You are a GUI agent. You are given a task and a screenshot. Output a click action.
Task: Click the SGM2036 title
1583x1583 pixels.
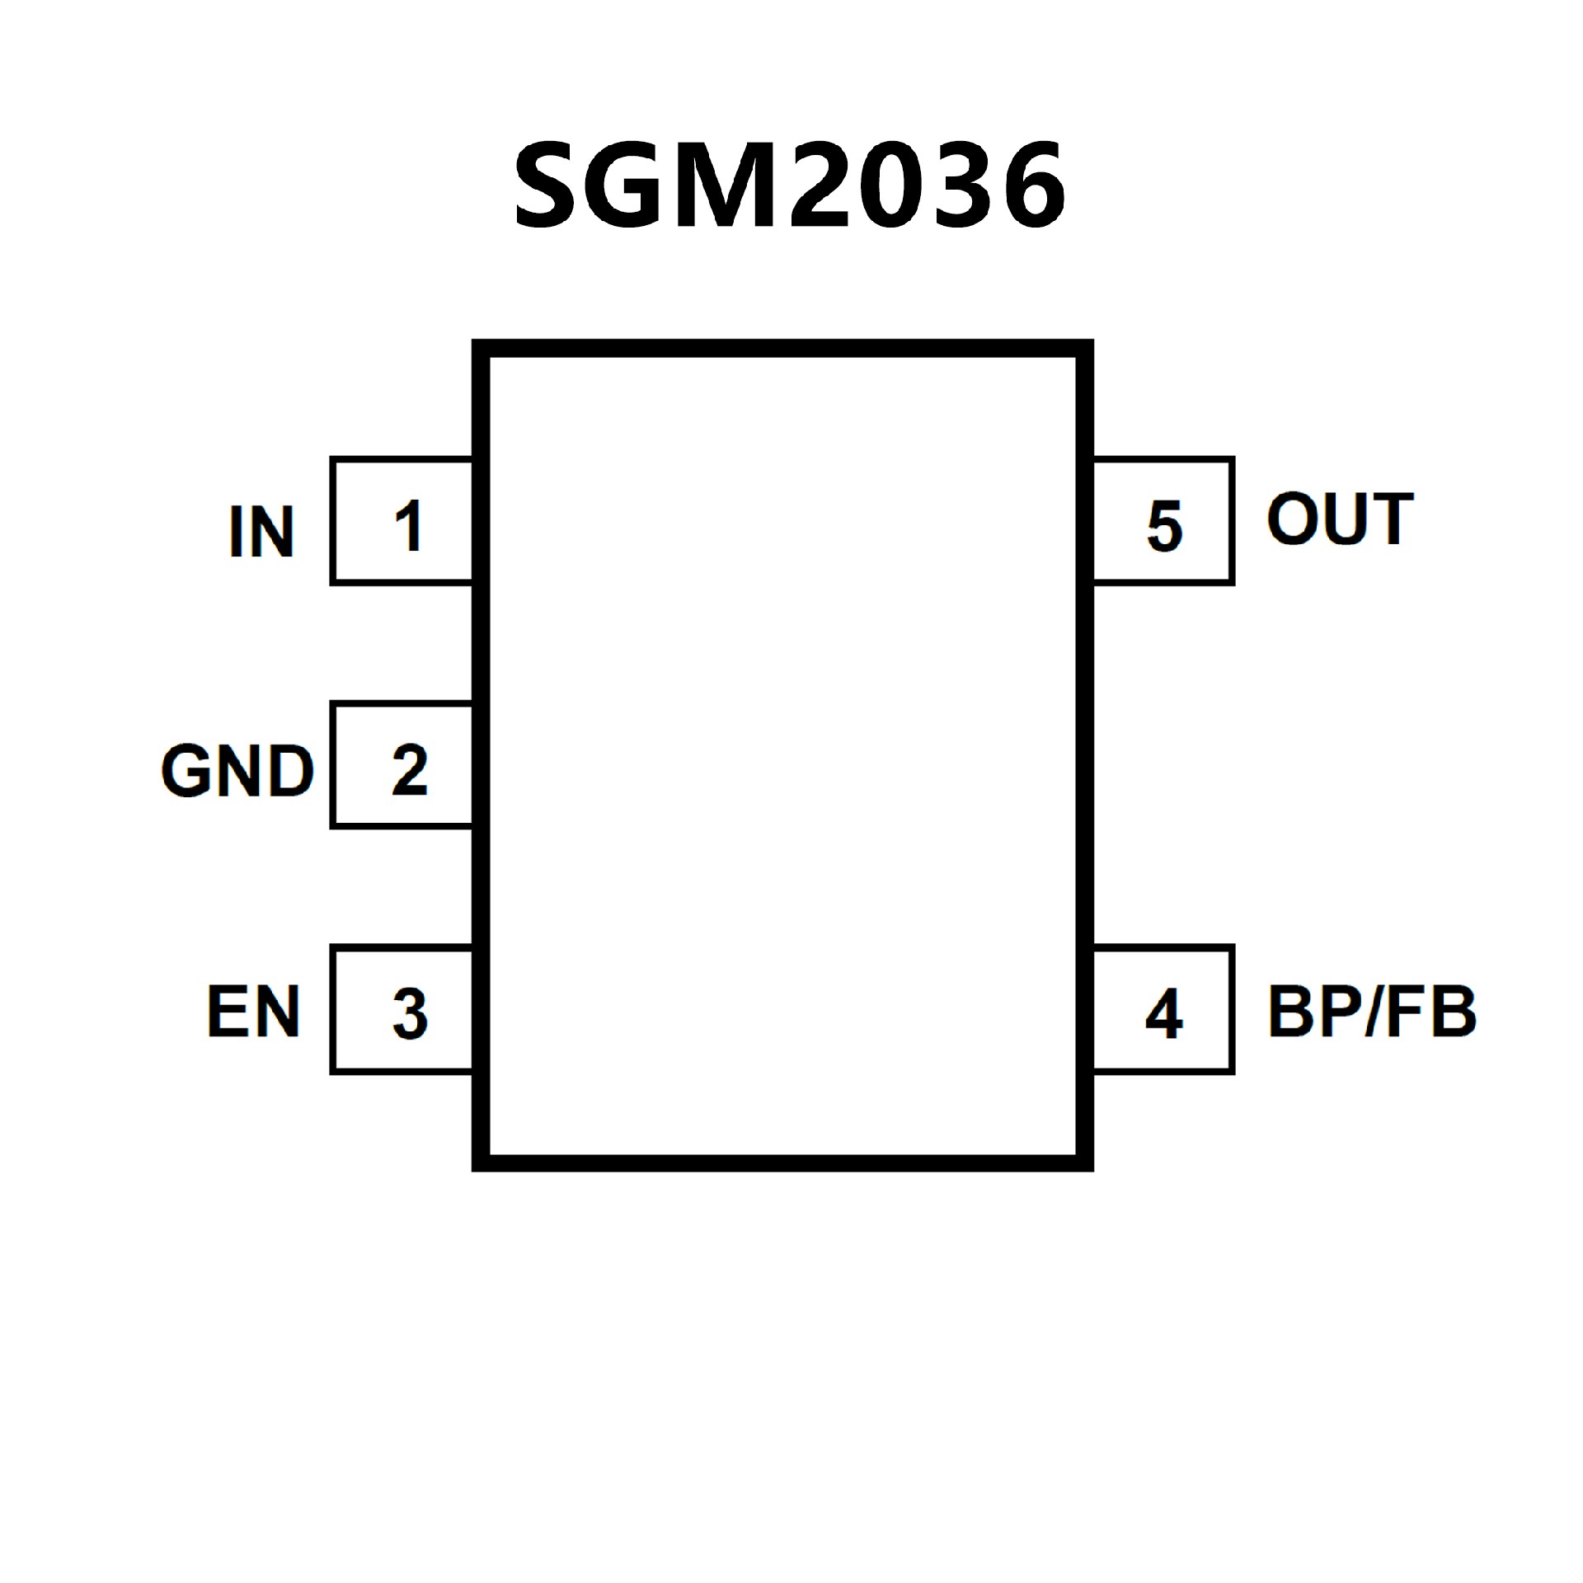coord(790,185)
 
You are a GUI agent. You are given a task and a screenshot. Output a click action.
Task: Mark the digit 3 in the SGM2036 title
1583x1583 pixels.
coord(963,185)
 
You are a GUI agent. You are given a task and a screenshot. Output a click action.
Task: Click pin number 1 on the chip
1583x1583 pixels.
coord(409,525)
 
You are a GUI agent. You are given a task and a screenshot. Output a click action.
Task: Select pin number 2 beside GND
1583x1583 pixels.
coord(409,769)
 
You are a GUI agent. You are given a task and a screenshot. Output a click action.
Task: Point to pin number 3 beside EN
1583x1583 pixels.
coord(409,1013)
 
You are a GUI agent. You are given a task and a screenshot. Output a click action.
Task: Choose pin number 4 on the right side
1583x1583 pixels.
coord(1164,1013)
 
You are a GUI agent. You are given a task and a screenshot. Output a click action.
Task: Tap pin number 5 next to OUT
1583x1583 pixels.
coord(1164,525)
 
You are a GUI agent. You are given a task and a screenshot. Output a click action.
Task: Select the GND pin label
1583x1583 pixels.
coord(237,772)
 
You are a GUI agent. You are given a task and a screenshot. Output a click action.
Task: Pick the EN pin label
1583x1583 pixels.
coord(253,1012)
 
